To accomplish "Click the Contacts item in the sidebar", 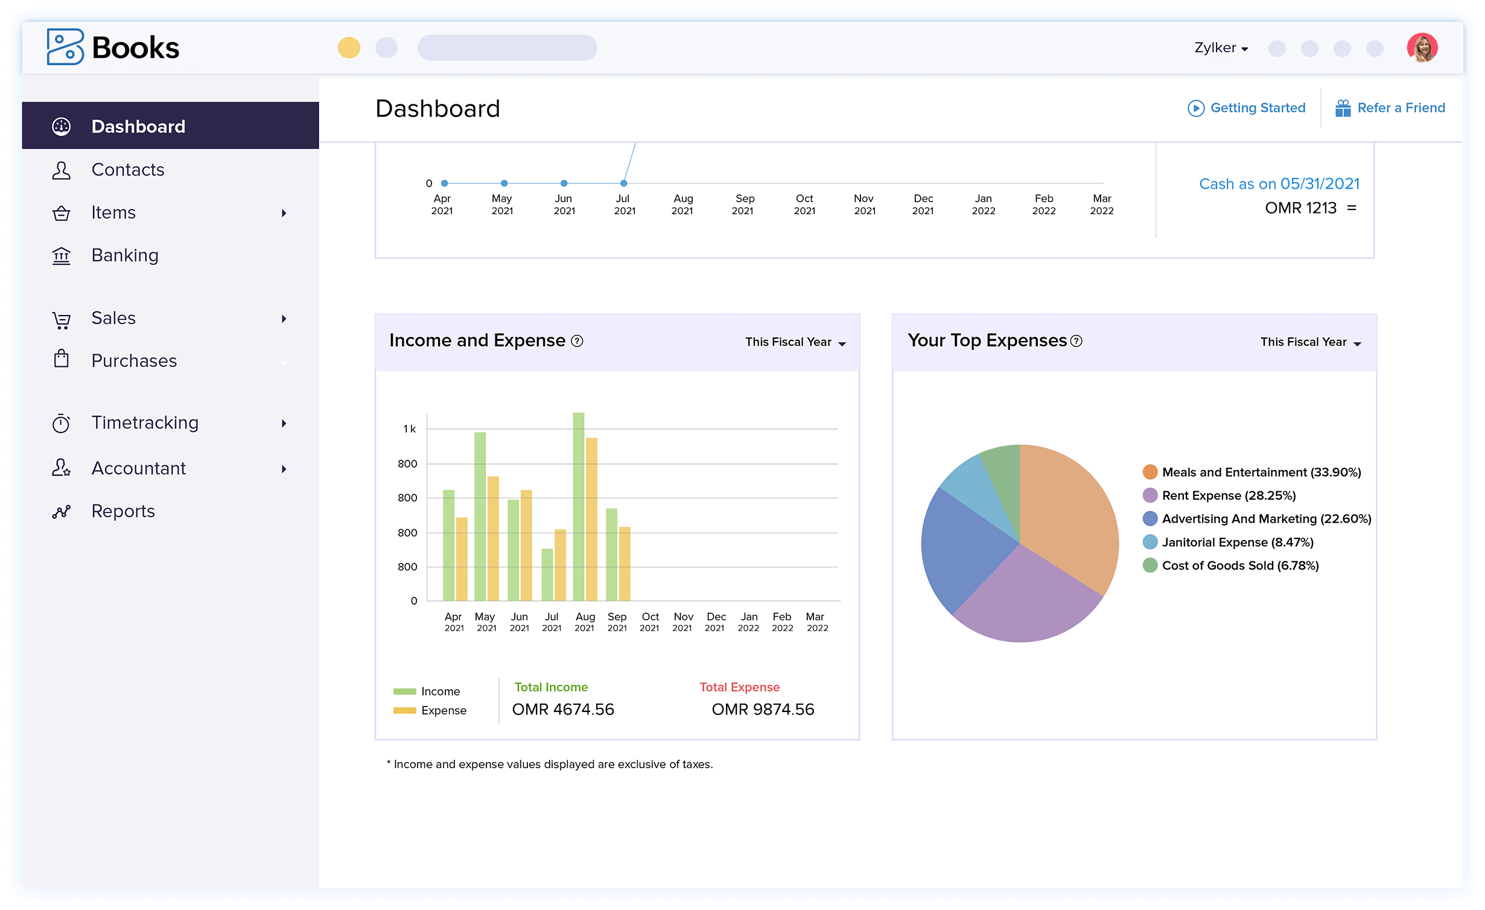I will (127, 170).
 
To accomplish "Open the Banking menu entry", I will (124, 255).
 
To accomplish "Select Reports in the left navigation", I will (122, 511).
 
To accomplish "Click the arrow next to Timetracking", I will (284, 424).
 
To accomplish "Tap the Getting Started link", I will (1257, 108).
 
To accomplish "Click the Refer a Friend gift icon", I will (1343, 108).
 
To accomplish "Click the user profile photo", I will (1422, 48).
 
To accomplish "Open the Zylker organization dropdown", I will (1221, 48).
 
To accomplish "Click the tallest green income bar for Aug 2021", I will (578, 507).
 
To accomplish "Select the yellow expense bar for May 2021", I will (493, 538).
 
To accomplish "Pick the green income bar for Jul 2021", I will (547, 574).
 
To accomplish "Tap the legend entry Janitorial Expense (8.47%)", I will (1237, 542).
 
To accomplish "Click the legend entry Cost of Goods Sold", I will (1239, 566).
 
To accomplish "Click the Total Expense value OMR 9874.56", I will (763, 710).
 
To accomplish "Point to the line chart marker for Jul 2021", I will (624, 183).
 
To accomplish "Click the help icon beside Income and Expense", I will (577, 341).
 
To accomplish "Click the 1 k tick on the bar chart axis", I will (409, 429).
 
